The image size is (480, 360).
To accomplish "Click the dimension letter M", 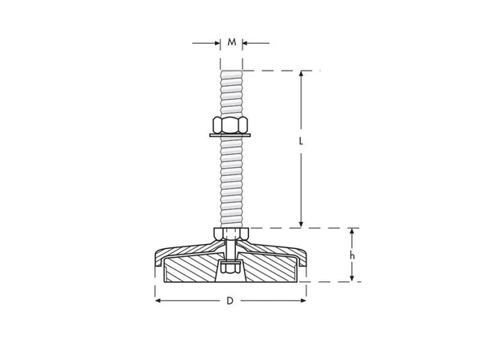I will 233,42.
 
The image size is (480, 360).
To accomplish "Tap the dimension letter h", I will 351,255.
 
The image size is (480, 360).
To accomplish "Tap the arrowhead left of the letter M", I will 216,42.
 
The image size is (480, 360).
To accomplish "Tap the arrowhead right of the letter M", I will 247,42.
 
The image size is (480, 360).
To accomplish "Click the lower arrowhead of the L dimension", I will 301,224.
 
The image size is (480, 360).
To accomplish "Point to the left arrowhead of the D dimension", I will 158,301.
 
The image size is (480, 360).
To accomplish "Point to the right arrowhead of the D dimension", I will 307,301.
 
